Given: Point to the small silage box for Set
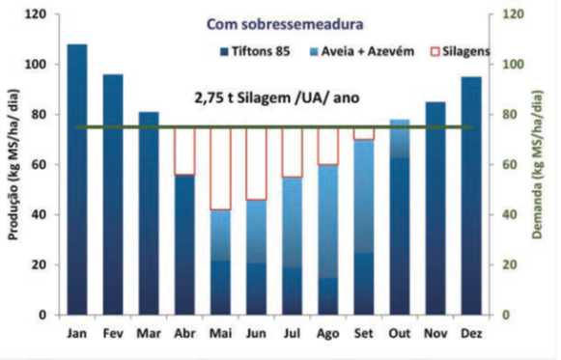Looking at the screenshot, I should pos(364,133).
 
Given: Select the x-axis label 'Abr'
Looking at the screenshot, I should pos(184,333).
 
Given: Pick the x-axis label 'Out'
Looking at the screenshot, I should pos(400,333).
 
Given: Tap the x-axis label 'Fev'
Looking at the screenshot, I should pos(113,333).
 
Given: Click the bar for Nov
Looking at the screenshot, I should pos(435,208).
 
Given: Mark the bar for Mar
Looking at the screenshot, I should pos(149,213).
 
